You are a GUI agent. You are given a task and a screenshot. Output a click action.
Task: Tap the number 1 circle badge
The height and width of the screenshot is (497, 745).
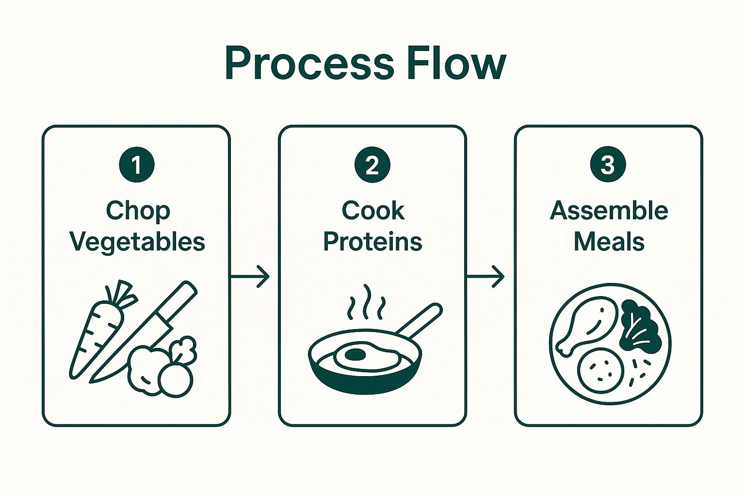point(137,165)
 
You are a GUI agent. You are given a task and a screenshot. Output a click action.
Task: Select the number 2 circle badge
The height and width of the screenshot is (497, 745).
point(372,165)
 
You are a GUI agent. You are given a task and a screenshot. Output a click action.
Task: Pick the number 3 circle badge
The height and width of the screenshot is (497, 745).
point(608,165)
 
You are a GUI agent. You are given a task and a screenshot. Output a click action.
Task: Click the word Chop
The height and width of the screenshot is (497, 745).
point(138,211)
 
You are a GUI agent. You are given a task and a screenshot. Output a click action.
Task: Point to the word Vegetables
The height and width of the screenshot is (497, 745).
point(137,242)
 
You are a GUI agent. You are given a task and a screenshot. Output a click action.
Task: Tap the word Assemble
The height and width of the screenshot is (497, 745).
point(609,211)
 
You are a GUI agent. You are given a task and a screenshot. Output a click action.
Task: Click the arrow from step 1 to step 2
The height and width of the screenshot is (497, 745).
point(250,276)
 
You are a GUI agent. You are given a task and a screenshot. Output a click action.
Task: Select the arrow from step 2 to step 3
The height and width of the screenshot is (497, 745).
point(486,276)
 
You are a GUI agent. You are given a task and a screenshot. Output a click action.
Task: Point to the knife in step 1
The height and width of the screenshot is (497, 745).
point(143,333)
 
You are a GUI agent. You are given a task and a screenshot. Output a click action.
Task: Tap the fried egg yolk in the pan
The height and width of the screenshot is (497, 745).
point(355,354)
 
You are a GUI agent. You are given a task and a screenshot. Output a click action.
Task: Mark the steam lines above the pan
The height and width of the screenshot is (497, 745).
point(366,302)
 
